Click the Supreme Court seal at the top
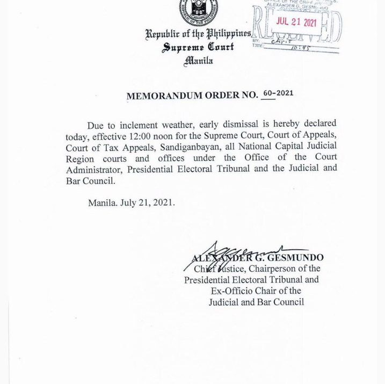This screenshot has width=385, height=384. (x=198, y=11)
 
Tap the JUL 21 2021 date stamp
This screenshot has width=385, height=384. (x=296, y=22)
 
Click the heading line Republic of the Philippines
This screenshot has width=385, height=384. (x=198, y=34)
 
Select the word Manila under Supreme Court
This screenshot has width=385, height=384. (x=198, y=61)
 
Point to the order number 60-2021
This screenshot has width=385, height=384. (x=278, y=93)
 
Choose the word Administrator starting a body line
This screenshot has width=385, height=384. (x=93, y=169)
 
